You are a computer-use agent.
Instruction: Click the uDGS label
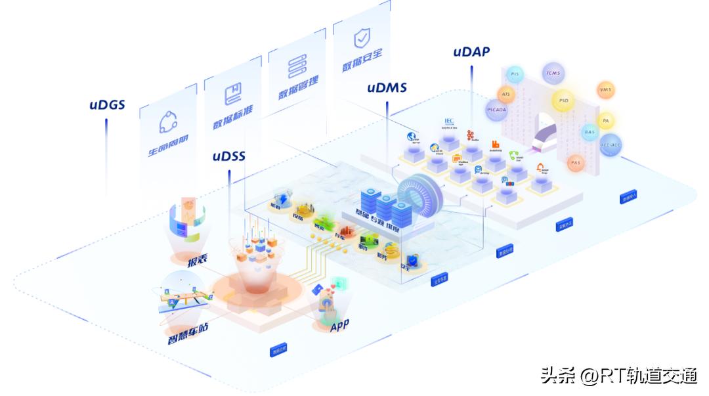107,104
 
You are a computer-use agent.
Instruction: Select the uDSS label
228,156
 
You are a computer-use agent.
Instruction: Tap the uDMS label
387,87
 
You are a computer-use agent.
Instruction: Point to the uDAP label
471,51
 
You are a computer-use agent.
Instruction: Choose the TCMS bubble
553,72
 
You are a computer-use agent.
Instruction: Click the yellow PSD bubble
563,100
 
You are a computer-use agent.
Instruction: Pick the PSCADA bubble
496,110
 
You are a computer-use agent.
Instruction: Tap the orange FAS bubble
576,162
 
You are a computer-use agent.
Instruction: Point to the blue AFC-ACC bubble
611,144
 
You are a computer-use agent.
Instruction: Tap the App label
339,324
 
